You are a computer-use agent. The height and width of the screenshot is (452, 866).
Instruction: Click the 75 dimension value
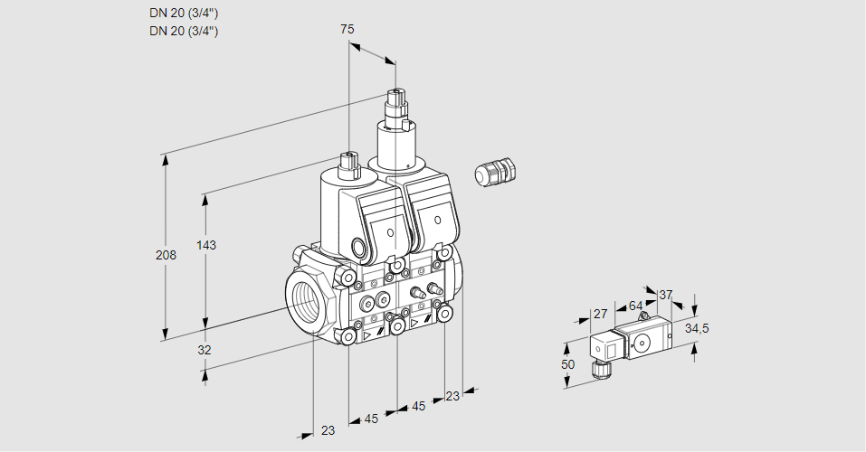[x=347, y=29]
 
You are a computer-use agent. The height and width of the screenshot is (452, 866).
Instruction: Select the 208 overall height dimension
[x=166, y=255]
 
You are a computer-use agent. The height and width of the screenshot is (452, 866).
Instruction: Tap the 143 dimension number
[x=207, y=245]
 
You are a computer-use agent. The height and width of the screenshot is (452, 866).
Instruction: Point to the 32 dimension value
[x=205, y=350]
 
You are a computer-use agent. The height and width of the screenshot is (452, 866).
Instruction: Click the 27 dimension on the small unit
[x=599, y=314]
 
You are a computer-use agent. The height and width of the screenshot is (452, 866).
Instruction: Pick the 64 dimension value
[x=635, y=306]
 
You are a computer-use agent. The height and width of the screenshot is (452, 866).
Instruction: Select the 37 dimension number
[x=666, y=295]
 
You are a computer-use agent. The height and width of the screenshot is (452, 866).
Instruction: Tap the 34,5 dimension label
[x=697, y=327]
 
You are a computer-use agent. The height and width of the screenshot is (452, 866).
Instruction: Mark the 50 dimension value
[x=567, y=363]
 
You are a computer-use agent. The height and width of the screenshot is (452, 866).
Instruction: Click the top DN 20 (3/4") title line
[x=184, y=13]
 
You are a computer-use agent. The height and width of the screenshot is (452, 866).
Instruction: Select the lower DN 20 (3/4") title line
[x=184, y=31]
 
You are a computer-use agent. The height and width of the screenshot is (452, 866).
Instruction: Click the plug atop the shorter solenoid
[x=348, y=165]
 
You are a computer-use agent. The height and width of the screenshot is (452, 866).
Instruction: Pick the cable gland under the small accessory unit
[x=598, y=368]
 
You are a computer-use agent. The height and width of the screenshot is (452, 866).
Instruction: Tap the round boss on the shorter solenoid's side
[x=359, y=249]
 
